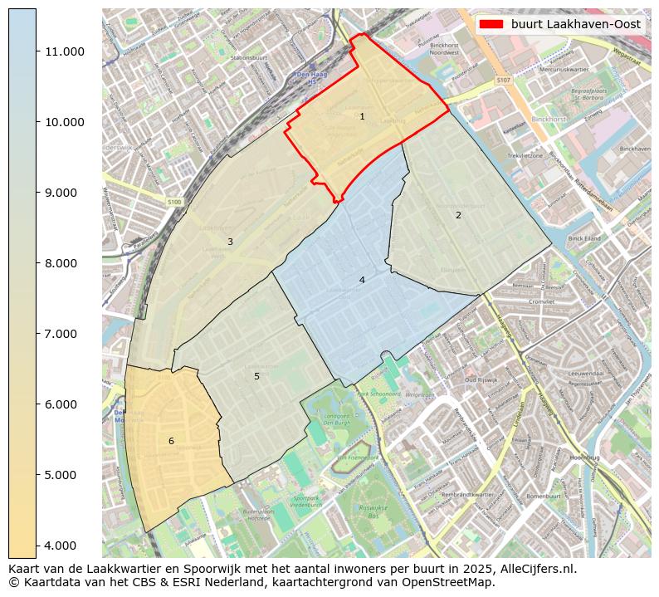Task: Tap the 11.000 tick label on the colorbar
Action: coord(65,51)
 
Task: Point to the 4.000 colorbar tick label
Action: coord(65,546)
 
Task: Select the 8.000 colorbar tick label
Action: coord(65,263)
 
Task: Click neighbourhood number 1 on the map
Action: coord(362,116)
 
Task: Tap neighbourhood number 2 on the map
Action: coord(458,215)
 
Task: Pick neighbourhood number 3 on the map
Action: coord(230,242)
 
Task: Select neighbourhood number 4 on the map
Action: coord(362,280)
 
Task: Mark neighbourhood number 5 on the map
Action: coord(256,376)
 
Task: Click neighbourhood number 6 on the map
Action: coord(171,441)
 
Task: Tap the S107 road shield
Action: coord(503,80)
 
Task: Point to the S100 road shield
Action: coord(173,202)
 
